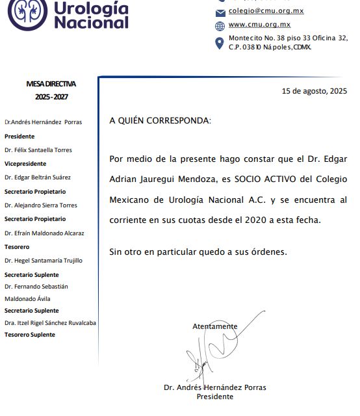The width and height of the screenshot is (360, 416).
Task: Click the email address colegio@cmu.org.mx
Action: tap(266, 11)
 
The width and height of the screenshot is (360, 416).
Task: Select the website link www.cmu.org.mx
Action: tap(259, 25)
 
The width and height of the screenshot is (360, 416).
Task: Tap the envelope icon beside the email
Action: tap(220, 12)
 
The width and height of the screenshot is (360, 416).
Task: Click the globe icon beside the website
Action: tap(220, 26)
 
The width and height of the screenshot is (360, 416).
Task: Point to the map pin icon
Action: tap(220, 43)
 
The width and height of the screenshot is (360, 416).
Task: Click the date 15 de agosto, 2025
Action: tap(315, 92)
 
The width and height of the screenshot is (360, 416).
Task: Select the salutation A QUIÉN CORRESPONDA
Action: tap(159, 121)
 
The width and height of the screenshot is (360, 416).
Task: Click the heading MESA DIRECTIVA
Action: tap(51, 84)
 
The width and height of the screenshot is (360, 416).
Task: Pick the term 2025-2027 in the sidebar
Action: tap(51, 97)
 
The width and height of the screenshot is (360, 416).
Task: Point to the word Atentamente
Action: tap(214, 326)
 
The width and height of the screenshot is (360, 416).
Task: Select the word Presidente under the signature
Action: tap(214, 396)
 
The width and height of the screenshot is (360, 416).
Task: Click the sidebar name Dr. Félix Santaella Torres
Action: tap(38, 150)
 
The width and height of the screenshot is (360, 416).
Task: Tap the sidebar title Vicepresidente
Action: tap(25, 164)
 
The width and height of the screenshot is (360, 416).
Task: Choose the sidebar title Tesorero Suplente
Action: tap(30, 335)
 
